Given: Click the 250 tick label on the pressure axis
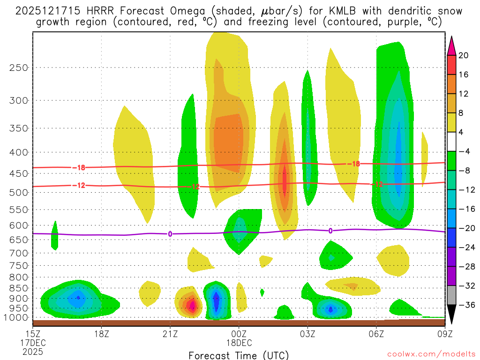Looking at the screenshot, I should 19,67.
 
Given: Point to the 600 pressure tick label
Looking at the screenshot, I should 19,225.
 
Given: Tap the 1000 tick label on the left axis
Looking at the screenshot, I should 16,317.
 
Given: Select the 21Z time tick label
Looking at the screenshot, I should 170,334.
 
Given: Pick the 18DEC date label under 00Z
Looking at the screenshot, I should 239,343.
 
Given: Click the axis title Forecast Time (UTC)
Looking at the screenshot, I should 239,355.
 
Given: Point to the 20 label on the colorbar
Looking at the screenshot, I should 464,55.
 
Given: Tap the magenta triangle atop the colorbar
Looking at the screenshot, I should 451,45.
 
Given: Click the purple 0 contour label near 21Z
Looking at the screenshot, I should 170,234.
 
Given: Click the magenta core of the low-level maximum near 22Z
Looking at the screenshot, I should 191,306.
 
